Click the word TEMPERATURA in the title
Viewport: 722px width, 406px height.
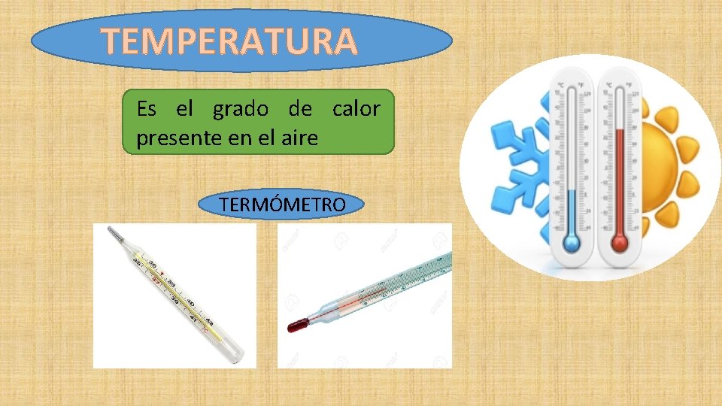tap(229, 41)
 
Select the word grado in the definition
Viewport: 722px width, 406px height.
tap(240, 110)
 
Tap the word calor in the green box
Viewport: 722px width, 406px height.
tap(356, 110)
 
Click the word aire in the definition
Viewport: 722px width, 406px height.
tap(301, 138)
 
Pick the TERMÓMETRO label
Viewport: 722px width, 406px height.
tap(282, 205)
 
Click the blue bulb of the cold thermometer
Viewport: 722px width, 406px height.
tap(572, 242)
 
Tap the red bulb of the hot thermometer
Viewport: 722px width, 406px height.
tap(620, 242)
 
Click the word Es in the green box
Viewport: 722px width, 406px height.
tap(147, 110)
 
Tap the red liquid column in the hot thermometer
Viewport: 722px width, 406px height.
tap(620, 180)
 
